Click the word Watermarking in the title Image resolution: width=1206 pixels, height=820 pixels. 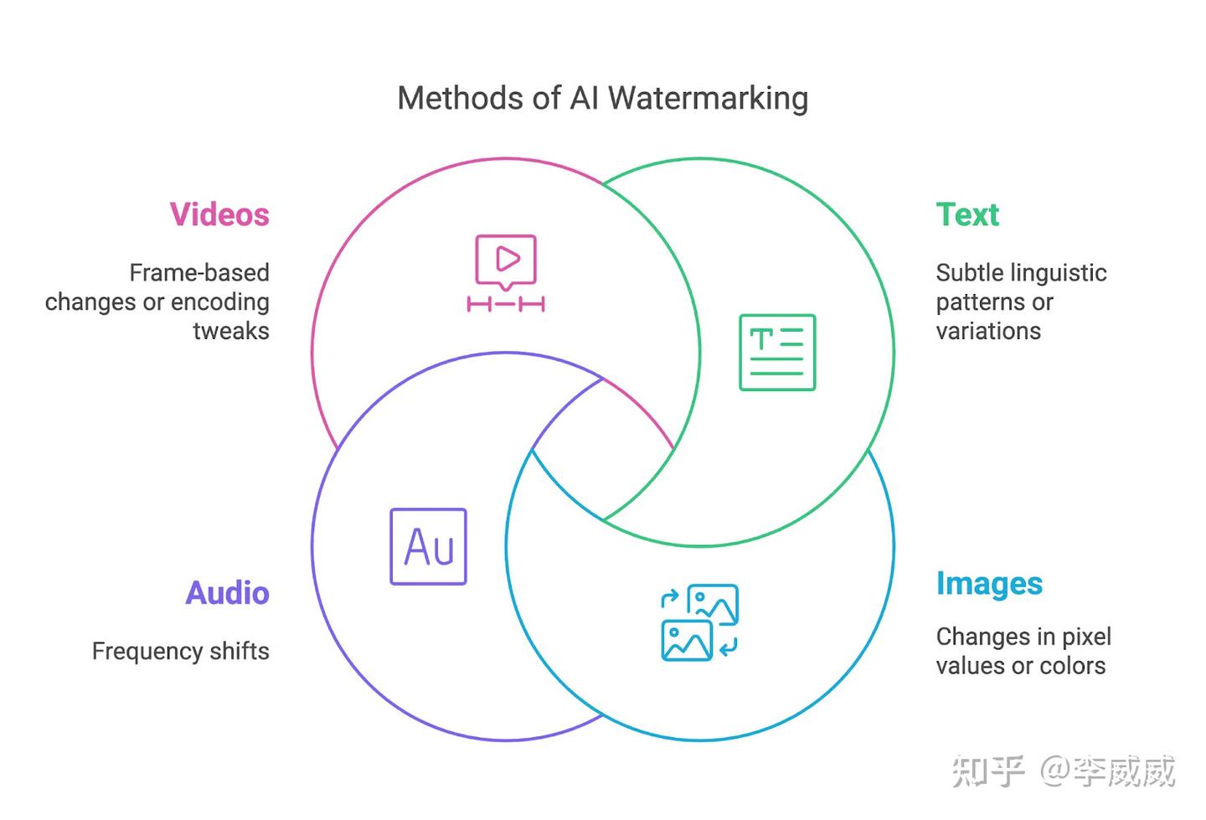point(708,99)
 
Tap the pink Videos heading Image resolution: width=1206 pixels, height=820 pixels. point(219,214)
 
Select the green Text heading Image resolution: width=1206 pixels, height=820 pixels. point(967,214)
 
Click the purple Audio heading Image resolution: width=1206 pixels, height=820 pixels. point(227,593)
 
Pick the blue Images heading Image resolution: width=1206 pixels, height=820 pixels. point(990,585)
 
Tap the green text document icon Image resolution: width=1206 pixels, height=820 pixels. point(777,352)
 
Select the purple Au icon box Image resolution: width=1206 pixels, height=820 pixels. point(429,546)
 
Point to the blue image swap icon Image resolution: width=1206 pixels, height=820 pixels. point(699,623)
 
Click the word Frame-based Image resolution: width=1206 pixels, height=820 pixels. point(199,272)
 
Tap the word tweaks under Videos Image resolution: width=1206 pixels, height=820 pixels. point(231,331)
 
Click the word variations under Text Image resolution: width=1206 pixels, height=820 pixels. point(988,331)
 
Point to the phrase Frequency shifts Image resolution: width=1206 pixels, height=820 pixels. point(180,652)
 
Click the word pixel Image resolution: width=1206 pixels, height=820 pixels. point(1086,637)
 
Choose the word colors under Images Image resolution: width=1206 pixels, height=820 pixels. point(1073,666)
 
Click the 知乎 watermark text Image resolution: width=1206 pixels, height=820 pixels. point(988,771)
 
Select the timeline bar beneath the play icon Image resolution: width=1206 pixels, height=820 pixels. point(506,304)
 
